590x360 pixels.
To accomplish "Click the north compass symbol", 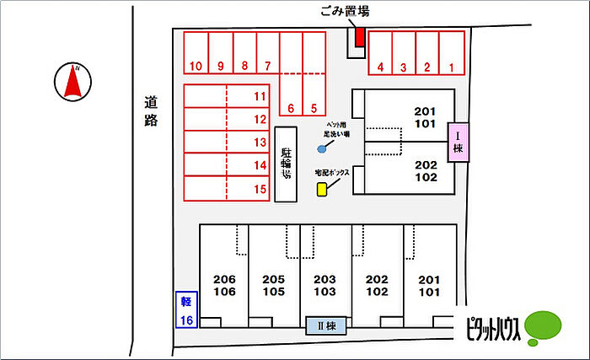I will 73,81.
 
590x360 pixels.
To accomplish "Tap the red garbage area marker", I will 359,38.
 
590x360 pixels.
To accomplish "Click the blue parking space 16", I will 185,310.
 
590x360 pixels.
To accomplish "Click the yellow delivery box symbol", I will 322,189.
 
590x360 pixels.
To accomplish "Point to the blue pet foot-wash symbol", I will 321,149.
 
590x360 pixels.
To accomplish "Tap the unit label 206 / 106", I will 223,286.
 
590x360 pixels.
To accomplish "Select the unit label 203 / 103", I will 324,286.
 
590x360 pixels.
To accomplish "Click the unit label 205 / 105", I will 274,286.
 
